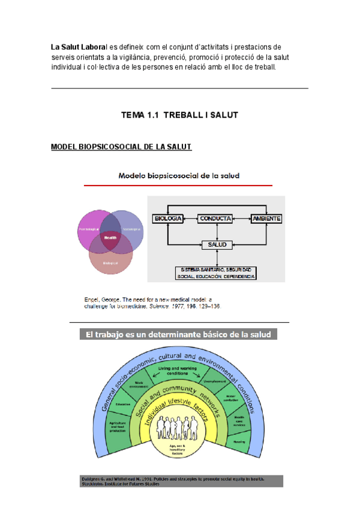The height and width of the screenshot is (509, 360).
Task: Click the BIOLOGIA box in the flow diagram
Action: tap(168, 219)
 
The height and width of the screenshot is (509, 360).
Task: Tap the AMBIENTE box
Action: tap(266, 219)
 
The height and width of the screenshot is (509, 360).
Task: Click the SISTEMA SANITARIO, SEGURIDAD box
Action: tap(216, 273)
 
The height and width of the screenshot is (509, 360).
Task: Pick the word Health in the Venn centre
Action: tap(110, 238)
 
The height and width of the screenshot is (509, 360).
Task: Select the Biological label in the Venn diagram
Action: tap(110, 263)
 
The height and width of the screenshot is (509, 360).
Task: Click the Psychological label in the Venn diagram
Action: tap(88, 229)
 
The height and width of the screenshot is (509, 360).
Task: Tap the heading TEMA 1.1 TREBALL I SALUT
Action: tap(179, 115)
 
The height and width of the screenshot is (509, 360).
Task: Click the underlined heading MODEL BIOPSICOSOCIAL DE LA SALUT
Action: tap(121, 147)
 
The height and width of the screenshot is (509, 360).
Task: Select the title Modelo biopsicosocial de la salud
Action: tap(179, 176)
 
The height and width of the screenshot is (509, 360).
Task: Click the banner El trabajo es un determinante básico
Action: tap(178, 335)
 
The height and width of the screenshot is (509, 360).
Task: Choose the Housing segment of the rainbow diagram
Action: tap(239, 441)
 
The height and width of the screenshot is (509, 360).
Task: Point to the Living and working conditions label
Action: tap(178, 369)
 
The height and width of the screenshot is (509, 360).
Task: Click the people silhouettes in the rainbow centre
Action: tap(178, 430)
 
